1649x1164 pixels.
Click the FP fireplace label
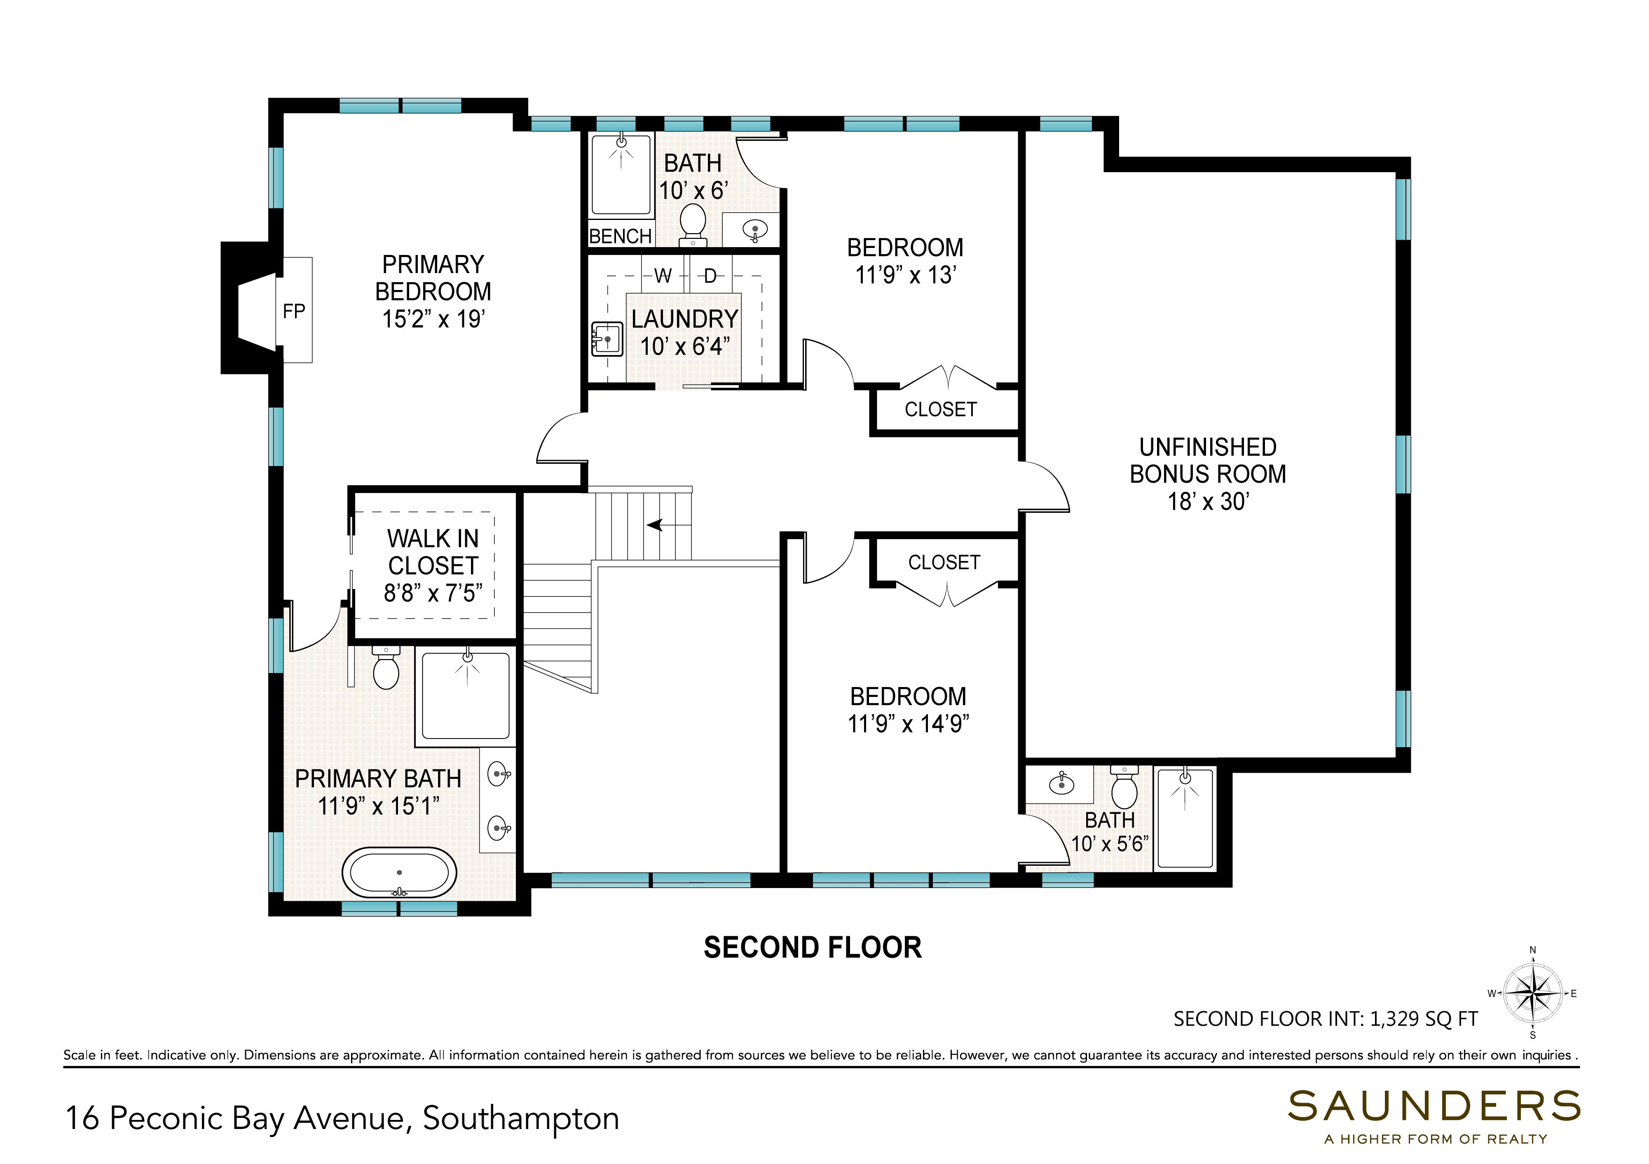click(x=294, y=311)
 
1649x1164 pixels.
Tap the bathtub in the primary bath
click(x=399, y=872)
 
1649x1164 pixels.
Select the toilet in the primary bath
click(x=386, y=668)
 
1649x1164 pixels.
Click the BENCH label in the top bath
click(x=621, y=236)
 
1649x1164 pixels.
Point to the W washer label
click(x=663, y=276)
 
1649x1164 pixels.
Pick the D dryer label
click(x=710, y=276)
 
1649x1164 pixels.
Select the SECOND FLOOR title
click(x=812, y=948)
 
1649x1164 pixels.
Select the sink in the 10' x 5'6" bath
click(x=1061, y=783)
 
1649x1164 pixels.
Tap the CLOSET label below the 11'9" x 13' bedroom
click(x=941, y=409)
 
